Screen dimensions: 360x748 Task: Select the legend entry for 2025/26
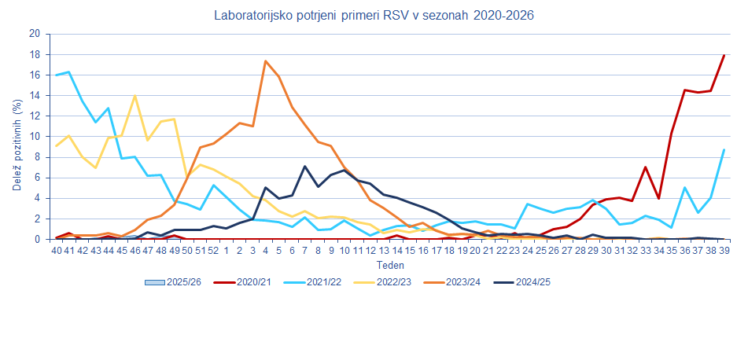(x=177, y=282)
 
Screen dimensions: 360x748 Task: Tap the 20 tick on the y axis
(x=35, y=34)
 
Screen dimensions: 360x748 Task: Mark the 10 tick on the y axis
(x=35, y=137)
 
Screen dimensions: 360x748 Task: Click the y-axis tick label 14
(x=35, y=96)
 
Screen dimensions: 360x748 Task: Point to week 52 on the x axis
(x=213, y=250)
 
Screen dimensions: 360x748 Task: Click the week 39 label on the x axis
(x=724, y=250)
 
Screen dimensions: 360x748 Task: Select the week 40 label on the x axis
(x=56, y=250)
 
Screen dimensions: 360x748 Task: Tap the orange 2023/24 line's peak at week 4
(x=266, y=61)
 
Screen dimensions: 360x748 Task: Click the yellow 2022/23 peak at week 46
(x=134, y=96)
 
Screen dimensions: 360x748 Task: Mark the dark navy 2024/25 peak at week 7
(x=304, y=167)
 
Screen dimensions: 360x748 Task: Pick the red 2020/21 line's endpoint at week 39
(x=724, y=55)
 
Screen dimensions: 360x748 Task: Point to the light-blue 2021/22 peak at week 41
(x=69, y=72)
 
